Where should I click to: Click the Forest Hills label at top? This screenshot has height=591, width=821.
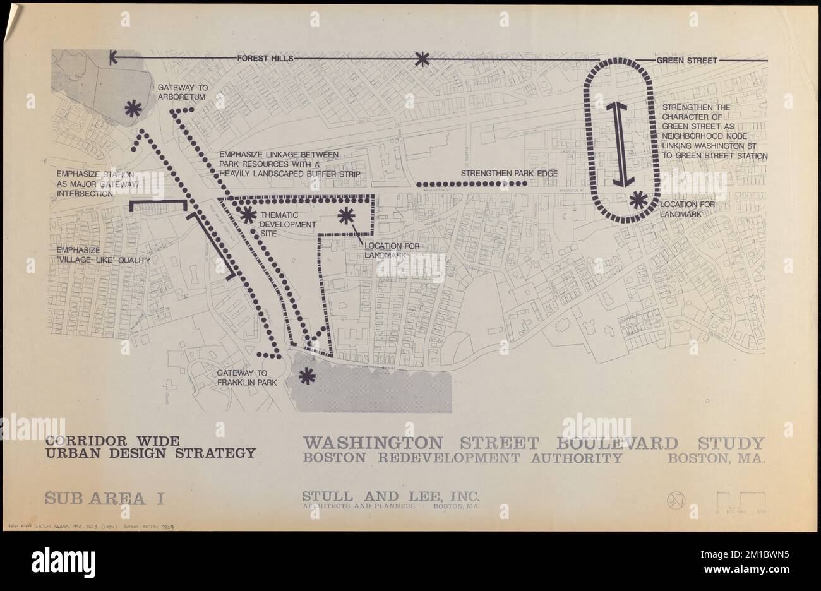pyautogui.click(x=265, y=59)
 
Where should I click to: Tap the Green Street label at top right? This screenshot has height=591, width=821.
pyautogui.click(x=687, y=61)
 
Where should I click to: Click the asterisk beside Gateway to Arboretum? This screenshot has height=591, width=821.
pyautogui.click(x=133, y=109)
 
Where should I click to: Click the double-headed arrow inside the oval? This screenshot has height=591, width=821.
pyautogui.click(x=622, y=144)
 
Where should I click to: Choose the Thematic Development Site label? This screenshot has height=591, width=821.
pyautogui.click(x=287, y=224)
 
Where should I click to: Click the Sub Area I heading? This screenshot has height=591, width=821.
pyautogui.click(x=104, y=497)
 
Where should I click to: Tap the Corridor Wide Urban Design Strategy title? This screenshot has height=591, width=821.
pyautogui.click(x=150, y=446)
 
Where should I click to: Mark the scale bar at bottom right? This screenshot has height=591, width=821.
pyautogui.click(x=741, y=502)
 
